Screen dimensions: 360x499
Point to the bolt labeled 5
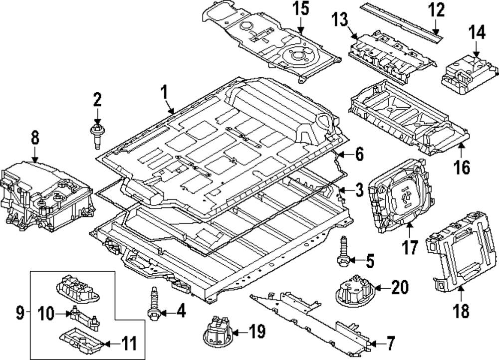343,252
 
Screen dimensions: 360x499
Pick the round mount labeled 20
354,289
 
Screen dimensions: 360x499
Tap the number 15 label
301,9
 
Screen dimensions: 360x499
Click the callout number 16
463,167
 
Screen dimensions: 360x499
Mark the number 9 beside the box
20,313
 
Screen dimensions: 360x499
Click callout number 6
359,155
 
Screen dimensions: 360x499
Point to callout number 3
359,190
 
